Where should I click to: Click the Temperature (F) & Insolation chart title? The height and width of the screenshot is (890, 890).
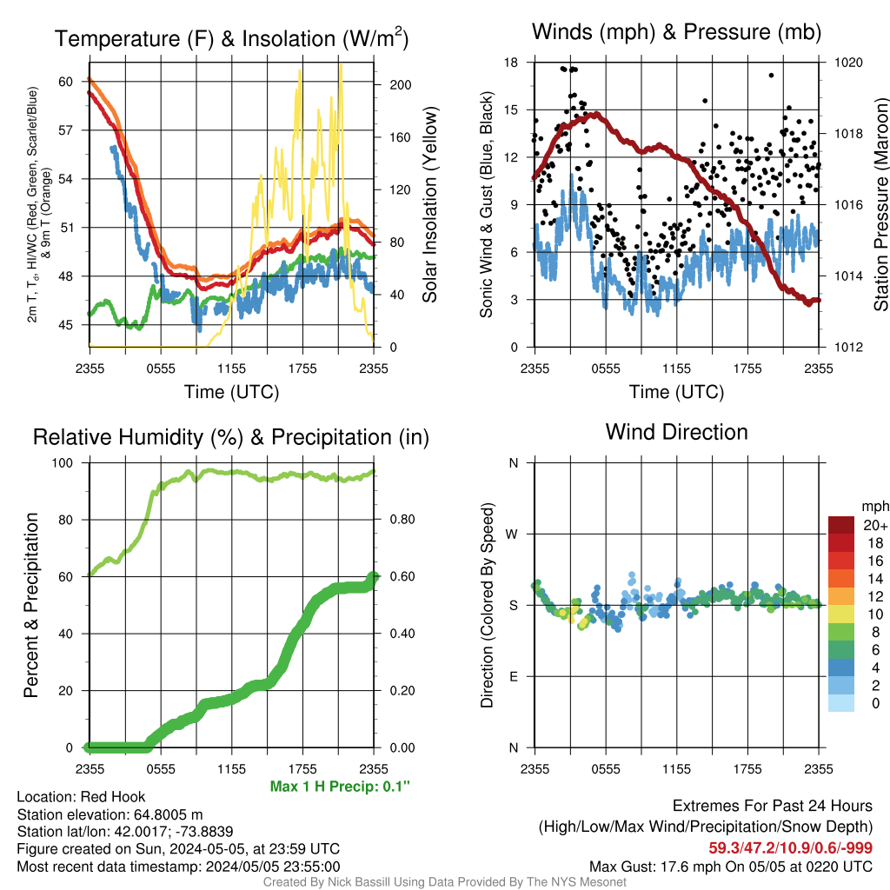(x=231, y=38)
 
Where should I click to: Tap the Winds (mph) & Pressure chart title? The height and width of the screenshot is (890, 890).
(x=676, y=32)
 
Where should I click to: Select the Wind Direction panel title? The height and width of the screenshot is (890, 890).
(x=676, y=432)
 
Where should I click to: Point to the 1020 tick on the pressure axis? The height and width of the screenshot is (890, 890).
(x=848, y=63)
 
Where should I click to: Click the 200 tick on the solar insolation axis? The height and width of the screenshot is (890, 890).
(x=400, y=85)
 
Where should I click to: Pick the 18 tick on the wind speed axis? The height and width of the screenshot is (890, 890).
(x=511, y=63)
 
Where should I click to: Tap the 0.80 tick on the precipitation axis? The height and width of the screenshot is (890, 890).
(x=402, y=520)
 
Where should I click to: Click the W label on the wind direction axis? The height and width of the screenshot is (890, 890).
(x=512, y=535)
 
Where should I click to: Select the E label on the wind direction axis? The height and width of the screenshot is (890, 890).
(x=514, y=676)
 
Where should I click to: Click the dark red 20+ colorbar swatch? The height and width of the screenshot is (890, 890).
(x=841, y=525)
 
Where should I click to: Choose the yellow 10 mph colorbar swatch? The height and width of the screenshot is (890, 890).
(x=841, y=614)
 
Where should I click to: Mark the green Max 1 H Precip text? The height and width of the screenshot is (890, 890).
(x=340, y=786)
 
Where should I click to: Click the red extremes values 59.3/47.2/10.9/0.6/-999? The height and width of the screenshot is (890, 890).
(x=790, y=848)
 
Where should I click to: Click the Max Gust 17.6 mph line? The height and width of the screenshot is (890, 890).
(x=730, y=867)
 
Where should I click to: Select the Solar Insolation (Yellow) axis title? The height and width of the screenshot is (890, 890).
(x=429, y=204)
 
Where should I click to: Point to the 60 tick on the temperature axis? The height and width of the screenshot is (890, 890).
(x=66, y=82)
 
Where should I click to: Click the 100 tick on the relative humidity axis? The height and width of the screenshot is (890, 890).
(x=63, y=462)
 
